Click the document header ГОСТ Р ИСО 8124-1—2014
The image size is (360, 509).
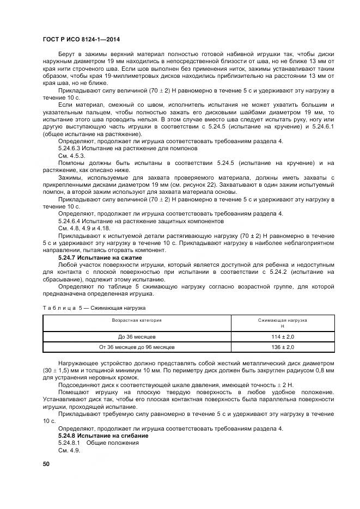(81, 40)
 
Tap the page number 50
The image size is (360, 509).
(46, 464)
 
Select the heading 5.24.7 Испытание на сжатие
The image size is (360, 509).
(100, 257)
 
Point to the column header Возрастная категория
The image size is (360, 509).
(137, 320)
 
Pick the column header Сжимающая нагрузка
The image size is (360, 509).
(282, 320)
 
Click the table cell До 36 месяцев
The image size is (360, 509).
(137, 338)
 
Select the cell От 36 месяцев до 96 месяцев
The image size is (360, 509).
(137, 347)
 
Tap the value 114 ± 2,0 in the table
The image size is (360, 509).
(282, 338)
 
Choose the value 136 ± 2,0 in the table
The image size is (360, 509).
(282, 347)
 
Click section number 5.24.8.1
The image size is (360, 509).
(70, 443)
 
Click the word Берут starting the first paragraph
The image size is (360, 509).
(68, 55)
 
